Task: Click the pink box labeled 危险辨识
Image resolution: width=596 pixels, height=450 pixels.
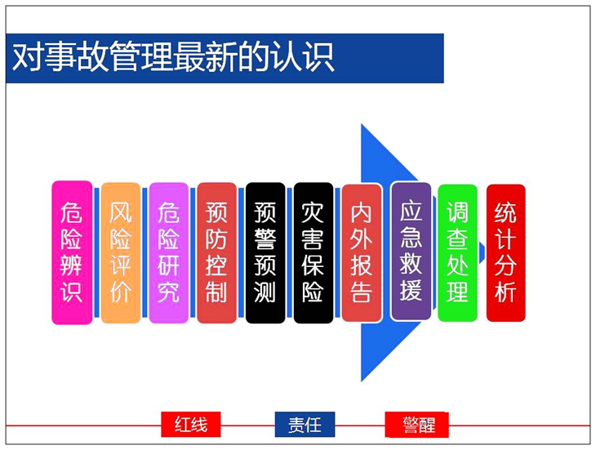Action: [72, 252]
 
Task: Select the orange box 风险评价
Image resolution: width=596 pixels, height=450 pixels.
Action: [121, 253]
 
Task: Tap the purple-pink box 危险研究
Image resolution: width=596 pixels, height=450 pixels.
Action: [168, 253]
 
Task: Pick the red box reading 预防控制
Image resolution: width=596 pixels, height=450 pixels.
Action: [216, 253]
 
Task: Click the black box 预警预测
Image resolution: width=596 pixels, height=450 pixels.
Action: [265, 253]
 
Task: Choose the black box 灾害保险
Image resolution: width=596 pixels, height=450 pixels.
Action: [314, 253]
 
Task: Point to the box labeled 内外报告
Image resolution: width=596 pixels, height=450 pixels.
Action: [362, 253]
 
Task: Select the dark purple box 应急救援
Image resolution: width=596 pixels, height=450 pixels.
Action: [411, 252]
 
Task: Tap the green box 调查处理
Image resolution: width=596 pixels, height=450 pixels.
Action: [457, 253]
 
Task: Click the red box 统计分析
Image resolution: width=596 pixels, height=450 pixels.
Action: [505, 253]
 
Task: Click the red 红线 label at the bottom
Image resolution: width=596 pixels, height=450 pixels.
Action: [191, 425]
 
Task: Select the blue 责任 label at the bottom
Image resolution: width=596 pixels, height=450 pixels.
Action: [305, 425]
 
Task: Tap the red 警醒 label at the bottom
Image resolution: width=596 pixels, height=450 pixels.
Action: [416, 425]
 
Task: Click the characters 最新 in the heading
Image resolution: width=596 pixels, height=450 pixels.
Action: [205, 57]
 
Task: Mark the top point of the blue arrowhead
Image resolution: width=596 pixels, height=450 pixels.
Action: [362, 124]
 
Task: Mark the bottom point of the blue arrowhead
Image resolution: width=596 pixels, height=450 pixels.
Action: [362, 381]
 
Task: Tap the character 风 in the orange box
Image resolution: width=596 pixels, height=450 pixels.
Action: [121, 212]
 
